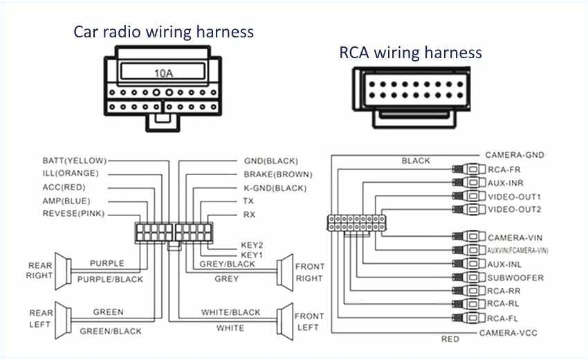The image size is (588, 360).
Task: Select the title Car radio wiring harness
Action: pyautogui.click(x=164, y=32)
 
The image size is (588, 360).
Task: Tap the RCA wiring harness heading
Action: pyautogui.click(x=410, y=52)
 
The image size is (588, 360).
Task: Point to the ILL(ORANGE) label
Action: pyautogui.click(x=71, y=173)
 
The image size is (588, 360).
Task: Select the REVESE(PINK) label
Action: pyautogui.click(x=73, y=214)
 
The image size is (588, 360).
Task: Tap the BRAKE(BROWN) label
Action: pyautogui.click(x=277, y=174)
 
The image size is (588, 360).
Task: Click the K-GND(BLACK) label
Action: pyautogui.click(x=275, y=188)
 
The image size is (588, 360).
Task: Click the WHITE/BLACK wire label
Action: pyautogui.click(x=230, y=313)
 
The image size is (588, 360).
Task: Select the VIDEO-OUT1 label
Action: pyautogui.click(x=515, y=197)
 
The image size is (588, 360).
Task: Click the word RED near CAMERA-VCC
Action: pyautogui.click(x=450, y=339)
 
